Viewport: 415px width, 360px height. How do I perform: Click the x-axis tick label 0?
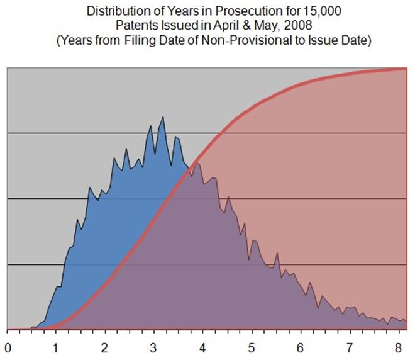[x=8, y=347]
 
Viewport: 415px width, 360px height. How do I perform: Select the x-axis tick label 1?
[x=56, y=347]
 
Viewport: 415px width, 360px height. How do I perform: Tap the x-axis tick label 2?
[x=104, y=347]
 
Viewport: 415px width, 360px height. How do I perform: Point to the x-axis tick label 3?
[x=153, y=347]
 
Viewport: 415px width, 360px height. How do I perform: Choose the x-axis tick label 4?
[x=202, y=347]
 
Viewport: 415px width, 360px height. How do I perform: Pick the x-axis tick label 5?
[x=250, y=347]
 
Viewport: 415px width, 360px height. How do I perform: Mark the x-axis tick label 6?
[x=299, y=347]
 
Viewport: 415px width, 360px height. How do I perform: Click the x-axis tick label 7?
[x=348, y=347]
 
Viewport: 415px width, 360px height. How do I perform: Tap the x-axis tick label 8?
[x=396, y=347]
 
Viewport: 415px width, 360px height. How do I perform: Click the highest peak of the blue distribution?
[x=162, y=117]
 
